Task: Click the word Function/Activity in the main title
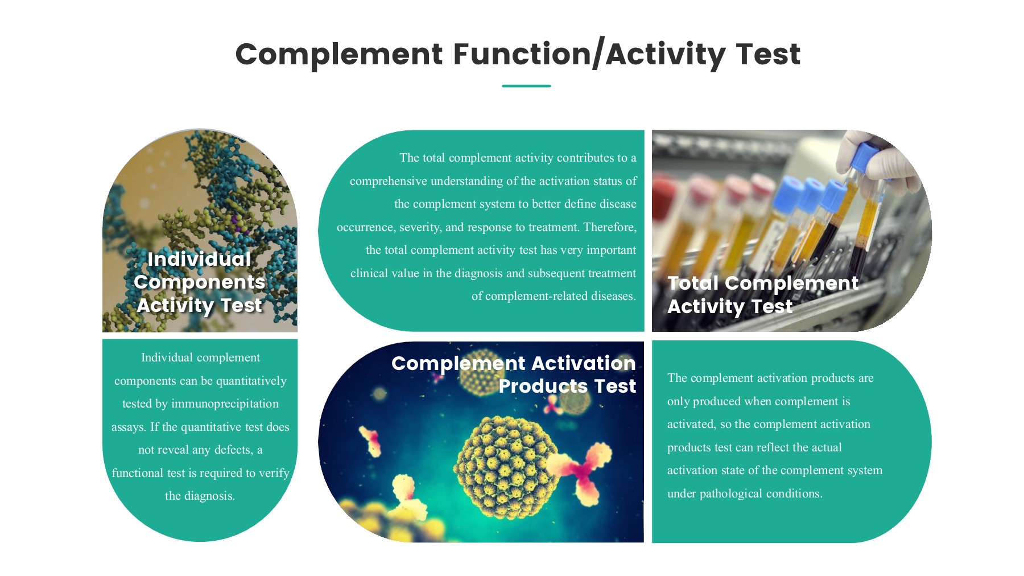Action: pyautogui.click(x=589, y=54)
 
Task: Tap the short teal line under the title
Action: pyautogui.click(x=526, y=86)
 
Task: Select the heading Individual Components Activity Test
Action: pyautogui.click(x=199, y=282)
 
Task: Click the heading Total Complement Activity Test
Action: pyautogui.click(x=762, y=294)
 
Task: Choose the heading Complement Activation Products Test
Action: pyautogui.click(x=513, y=375)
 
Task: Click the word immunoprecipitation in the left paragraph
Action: pyautogui.click(x=225, y=404)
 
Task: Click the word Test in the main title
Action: pyautogui.click(x=767, y=54)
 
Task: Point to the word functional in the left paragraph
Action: pyautogui.click(x=137, y=473)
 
